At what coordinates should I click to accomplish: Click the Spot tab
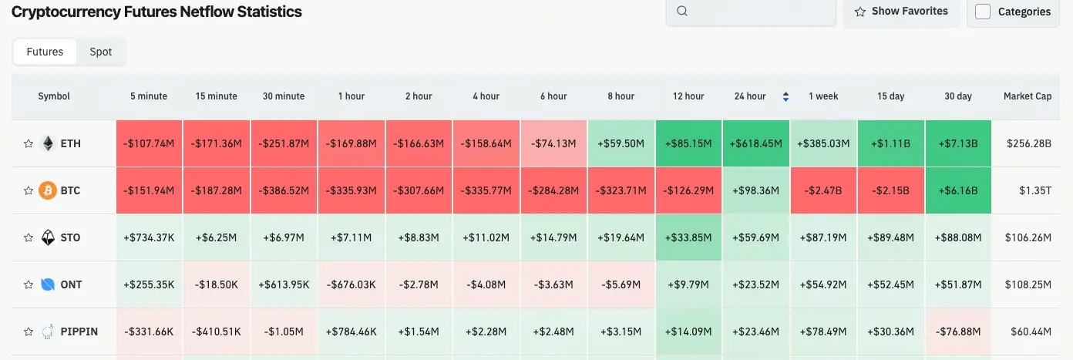101,52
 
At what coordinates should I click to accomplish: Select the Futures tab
45,52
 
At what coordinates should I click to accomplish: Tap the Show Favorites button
901,12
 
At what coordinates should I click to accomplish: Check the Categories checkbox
983,12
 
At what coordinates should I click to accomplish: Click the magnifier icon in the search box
682,12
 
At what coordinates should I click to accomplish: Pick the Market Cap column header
1027,96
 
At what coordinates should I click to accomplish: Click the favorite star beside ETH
29,144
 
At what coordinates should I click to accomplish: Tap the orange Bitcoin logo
48,190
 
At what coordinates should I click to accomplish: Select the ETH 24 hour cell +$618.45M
755,143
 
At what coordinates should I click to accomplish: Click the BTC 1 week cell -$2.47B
823,190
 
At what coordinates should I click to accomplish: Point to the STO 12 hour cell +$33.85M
688,237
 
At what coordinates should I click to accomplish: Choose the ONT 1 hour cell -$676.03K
351,284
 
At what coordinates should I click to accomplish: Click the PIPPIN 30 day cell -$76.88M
958,331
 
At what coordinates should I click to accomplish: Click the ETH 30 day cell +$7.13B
958,143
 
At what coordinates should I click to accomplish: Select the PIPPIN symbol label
79,331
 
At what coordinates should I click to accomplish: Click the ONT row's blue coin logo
48,284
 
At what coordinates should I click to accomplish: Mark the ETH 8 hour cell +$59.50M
621,143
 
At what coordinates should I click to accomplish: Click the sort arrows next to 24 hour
785,96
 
